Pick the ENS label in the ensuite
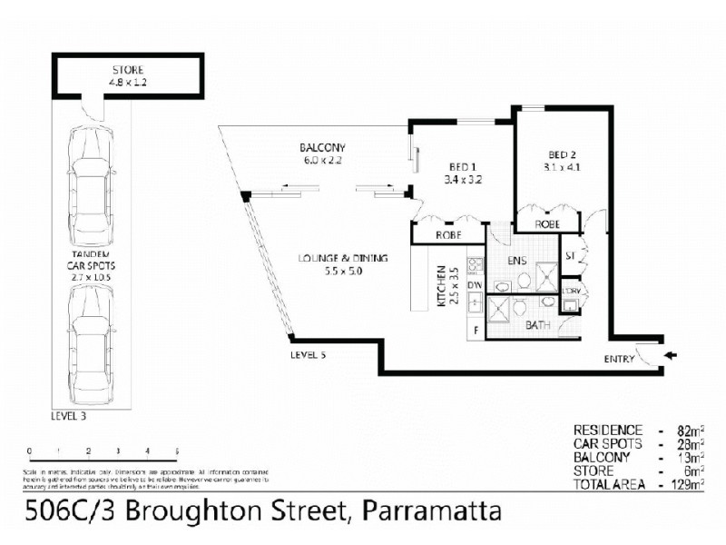(x=517, y=262)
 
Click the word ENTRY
(x=619, y=360)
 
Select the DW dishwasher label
(x=473, y=285)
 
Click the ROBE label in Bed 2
(x=546, y=223)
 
